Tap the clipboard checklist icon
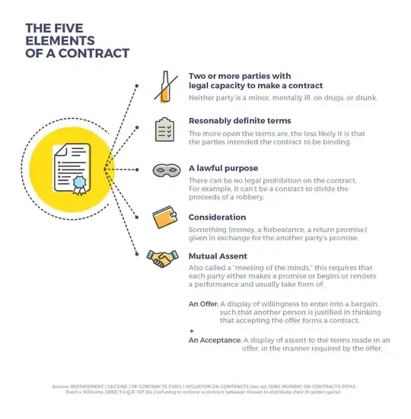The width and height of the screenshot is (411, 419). coord(164,129)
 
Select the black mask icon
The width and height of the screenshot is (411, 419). coord(164,171)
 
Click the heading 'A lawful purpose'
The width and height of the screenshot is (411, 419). coord(224,168)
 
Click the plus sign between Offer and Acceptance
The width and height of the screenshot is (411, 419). coord(191,331)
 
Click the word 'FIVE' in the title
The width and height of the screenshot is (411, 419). coord(64,27)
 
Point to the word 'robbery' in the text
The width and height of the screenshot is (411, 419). coord(247,198)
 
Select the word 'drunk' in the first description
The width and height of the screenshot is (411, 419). coord(364,98)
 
